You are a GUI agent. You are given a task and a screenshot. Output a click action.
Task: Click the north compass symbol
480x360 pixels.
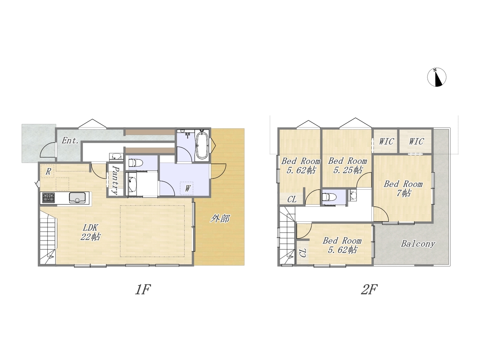pyautogui.click(x=437, y=77)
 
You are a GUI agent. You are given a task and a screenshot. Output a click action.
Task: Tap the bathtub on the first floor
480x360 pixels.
pyautogui.click(x=202, y=144)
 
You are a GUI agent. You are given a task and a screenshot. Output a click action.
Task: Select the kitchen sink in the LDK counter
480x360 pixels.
pyautogui.click(x=77, y=198)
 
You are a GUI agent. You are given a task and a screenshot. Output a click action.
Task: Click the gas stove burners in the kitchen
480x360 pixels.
pyautogui.click(x=48, y=198)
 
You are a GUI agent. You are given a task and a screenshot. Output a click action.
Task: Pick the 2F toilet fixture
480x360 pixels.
pyautogui.click(x=329, y=197)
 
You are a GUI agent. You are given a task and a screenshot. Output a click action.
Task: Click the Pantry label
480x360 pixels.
pyautogui.click(x=115, y=180)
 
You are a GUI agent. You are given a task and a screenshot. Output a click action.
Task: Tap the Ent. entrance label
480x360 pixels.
pyautogui.click(x=70, y=141)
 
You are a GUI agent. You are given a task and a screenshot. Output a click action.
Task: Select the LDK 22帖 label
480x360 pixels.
pyautogui.click(x=90, y=232)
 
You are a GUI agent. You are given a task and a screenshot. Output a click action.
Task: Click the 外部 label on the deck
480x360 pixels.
pyautogui.click(x=219, y=219)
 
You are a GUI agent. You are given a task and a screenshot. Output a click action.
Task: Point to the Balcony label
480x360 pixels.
pyautogui.click(x=418, y=244)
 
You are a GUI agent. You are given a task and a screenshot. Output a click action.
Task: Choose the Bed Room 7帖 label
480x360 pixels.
pyautogui.click(x=403, y=188)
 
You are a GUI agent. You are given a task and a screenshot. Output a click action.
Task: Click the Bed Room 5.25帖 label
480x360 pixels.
pyautogui.click(x=347, y=165)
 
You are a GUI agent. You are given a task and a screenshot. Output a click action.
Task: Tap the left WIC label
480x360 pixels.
pyautogui.click(x=386, y=141)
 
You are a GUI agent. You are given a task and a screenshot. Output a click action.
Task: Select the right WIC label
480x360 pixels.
pyautogui.click(x=416, y=141)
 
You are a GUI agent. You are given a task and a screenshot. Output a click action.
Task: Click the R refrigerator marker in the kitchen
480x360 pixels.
pyautogui.click(x=48, y=171)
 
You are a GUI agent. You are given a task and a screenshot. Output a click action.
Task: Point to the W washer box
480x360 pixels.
pyautogui.click(x=187, y=188)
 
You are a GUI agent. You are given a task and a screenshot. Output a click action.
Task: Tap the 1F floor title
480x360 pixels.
pyautogui.click(x=143, y=289)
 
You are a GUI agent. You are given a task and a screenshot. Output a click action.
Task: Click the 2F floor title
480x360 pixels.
pyautogui.click(x=369, y=289)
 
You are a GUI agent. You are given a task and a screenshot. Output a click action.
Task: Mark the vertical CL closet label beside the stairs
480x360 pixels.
pyautogui.click(x=302, y=253)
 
